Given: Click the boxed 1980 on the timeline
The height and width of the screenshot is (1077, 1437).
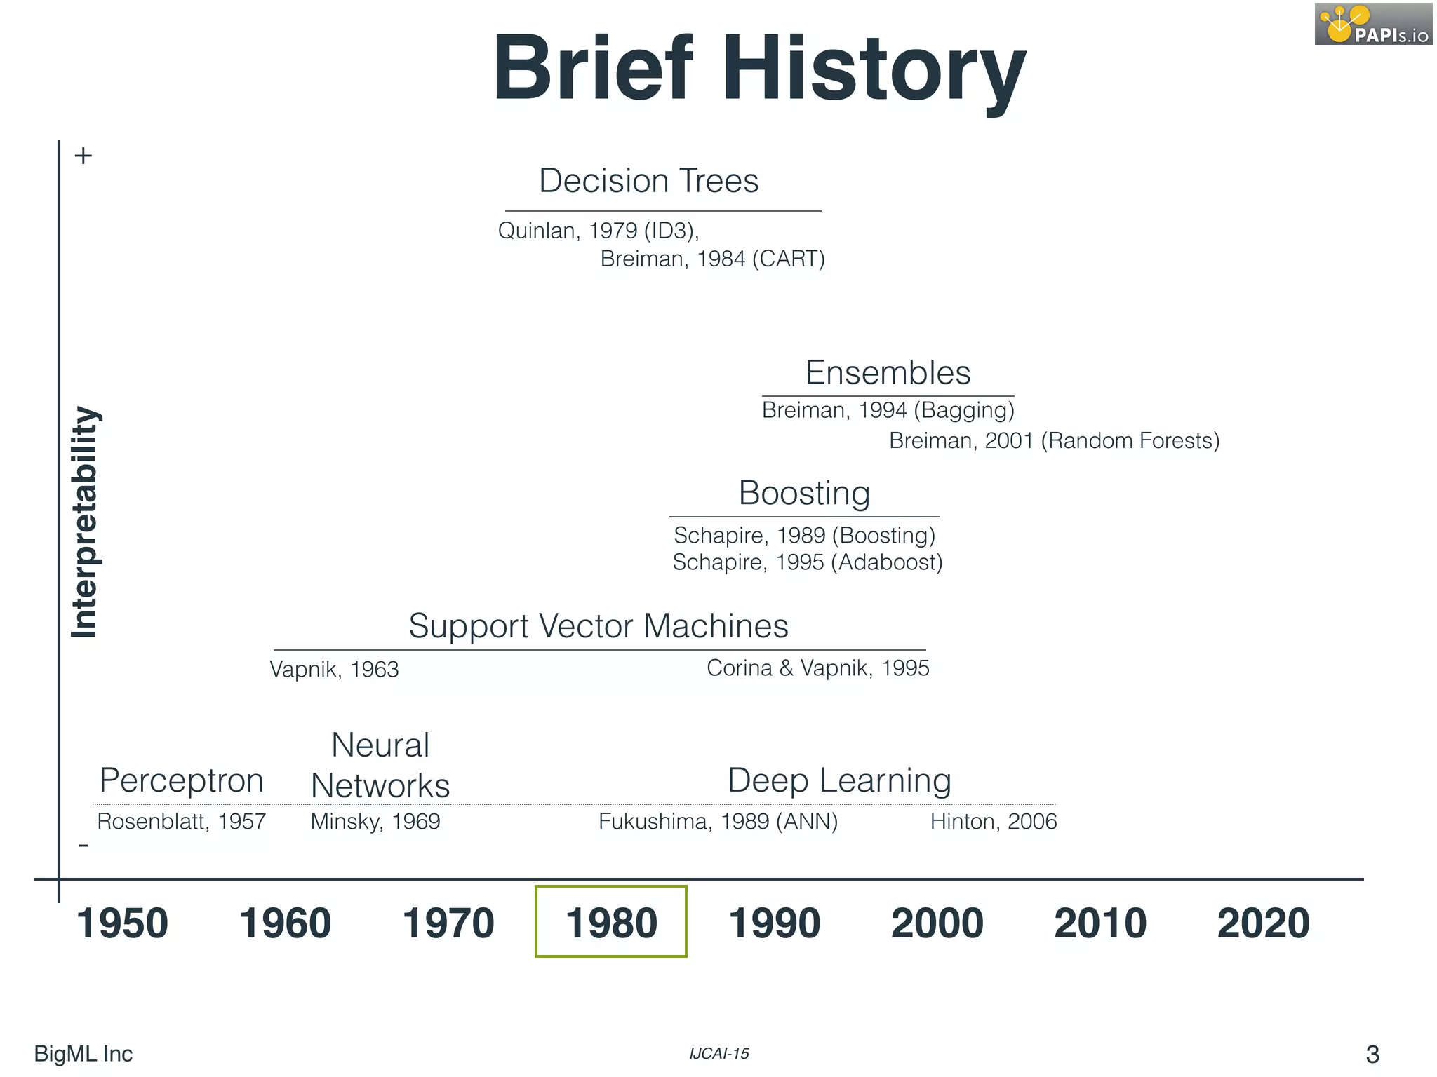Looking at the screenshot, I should [611, 922].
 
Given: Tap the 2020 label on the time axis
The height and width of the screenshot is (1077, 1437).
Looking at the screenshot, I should [1263, 923].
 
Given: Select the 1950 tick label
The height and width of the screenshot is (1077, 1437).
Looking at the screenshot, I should [122, 923].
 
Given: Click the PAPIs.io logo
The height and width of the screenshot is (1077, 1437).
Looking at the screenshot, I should [1373, 25].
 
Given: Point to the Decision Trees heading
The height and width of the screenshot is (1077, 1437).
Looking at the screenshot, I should [649, 181].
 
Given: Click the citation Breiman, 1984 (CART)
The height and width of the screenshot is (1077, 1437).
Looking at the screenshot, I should [712, 259].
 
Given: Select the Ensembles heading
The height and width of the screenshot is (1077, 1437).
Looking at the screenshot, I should [888, 372].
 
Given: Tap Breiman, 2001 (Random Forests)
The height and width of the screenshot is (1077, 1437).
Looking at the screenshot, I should [1054, 440].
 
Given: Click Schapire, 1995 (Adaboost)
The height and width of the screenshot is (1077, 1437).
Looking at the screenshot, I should [808, 562].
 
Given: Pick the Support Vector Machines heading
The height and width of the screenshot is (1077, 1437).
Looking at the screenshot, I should [599, 625].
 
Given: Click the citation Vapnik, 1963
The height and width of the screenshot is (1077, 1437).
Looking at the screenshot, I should [334, 669].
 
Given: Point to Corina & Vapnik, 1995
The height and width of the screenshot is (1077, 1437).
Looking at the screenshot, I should [817, 668].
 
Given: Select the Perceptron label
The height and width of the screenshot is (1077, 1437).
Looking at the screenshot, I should [182, 780].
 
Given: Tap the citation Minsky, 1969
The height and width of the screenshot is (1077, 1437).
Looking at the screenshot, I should [375, 821].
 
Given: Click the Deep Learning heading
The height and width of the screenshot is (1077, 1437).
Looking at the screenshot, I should [839, 780].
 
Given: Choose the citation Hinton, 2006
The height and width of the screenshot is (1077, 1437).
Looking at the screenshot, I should [993, 821].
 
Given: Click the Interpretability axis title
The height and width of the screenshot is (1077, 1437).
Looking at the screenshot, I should [85, 522].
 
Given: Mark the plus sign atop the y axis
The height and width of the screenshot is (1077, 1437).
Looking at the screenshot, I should [83, 156].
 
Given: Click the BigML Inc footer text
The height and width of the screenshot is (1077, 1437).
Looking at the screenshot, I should [83, 1053].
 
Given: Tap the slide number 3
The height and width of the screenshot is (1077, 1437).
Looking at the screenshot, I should [1372, 1054].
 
